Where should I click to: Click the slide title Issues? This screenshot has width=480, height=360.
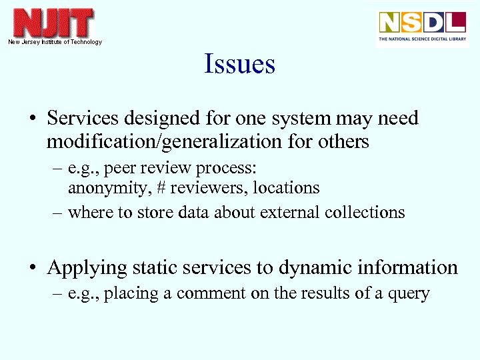point(239,65)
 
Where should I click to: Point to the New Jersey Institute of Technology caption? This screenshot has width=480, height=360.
point(55,42)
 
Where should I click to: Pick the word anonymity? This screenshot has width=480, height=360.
point(109,188)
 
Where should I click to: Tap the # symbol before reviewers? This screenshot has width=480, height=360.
point(162,188)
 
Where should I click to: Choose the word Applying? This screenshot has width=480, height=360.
point(87,268)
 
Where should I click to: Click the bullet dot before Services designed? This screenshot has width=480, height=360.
point(32,119)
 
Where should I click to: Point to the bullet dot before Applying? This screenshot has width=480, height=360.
point(32,269)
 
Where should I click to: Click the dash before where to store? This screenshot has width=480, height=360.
point(58,212)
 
